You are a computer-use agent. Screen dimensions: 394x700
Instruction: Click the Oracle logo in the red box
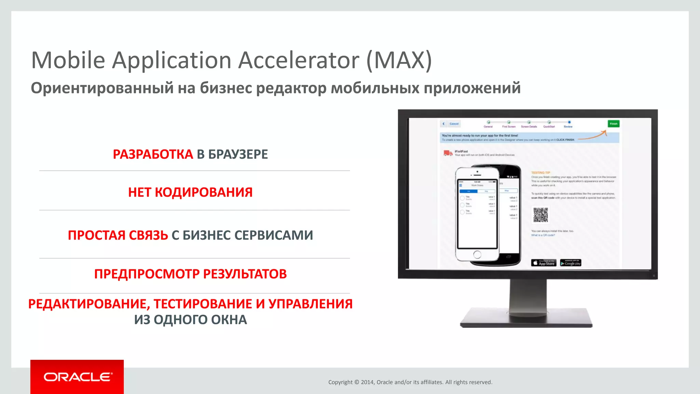point(77,377)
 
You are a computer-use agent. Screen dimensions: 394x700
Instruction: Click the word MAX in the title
point(399,61)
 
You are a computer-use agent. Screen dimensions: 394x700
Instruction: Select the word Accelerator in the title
point(298,61)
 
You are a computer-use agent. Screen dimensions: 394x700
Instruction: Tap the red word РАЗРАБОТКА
point(153,154)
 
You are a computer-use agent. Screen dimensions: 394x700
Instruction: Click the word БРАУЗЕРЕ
point(238,154)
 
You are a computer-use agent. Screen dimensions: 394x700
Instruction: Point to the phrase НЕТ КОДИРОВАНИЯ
point(190,192)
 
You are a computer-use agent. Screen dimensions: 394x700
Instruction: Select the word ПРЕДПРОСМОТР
point(147,274)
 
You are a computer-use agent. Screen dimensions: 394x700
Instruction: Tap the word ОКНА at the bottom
point(229,320)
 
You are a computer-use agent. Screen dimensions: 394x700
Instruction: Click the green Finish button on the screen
point(614,124)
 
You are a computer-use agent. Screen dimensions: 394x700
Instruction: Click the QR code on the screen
point(540,215)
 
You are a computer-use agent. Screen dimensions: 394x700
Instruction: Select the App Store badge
point(543,263)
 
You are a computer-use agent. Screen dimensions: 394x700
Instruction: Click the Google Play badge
point(570,263)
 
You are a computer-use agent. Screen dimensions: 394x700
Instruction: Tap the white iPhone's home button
point(477,254)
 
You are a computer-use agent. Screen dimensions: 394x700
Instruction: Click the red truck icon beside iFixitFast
point(447,153)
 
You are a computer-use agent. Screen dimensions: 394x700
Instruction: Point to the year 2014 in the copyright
point(367,382)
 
